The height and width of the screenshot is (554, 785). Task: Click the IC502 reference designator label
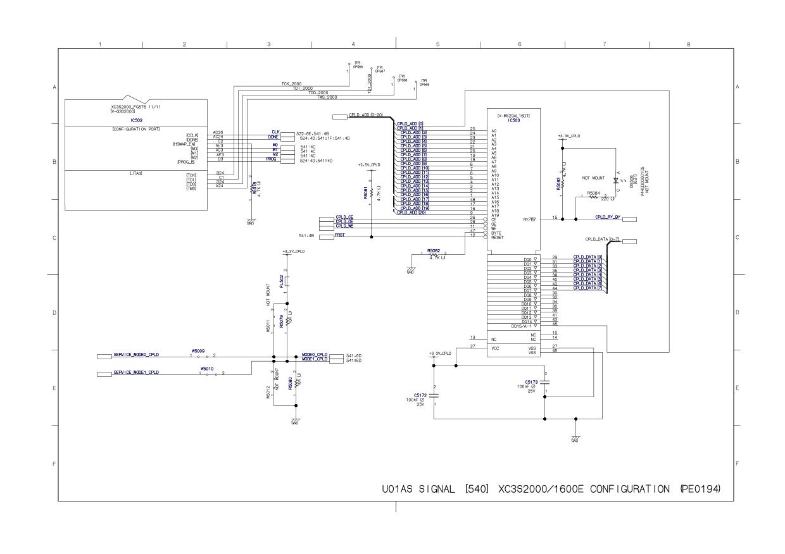click(135, 119)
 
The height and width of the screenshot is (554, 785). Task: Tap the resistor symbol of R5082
click(435, 254)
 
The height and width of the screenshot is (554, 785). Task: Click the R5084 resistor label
click(594, 192)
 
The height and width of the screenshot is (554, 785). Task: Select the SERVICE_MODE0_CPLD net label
click(135, 355)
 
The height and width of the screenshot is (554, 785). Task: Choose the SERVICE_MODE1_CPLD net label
click(135, 373)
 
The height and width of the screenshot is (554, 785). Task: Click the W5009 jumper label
click(198, 350)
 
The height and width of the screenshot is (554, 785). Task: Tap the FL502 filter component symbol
click(287, 279)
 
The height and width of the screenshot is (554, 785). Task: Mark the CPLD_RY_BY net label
click(608, 218)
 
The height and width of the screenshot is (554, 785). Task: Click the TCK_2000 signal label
click(292, 83)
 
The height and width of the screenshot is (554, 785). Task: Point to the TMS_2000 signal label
click(327, 97)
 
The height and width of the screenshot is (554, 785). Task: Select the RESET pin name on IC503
click(497, 237)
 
